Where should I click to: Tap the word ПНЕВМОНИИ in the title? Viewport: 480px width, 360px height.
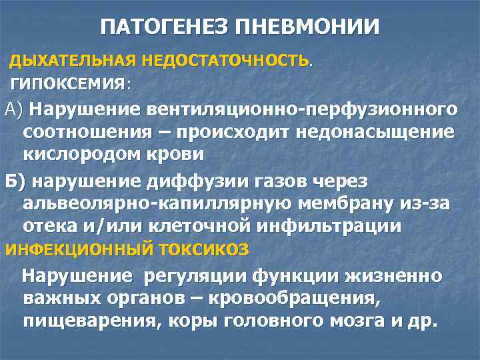click(x=313, y=28)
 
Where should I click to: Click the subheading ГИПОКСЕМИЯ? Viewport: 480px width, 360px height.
click(x=68, y=85)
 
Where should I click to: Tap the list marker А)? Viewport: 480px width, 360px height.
click(x=14, y=108)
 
